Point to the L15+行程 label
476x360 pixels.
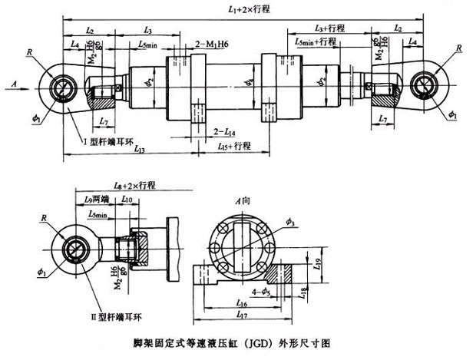point(234,144)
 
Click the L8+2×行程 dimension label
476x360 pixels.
point(134,185)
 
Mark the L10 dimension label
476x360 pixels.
point(127,200)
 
